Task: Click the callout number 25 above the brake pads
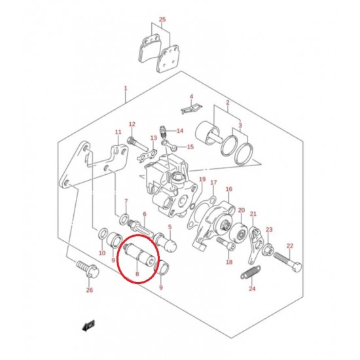[162, 19]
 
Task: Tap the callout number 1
[126, 88]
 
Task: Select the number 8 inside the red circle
[137, 274]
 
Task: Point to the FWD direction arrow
[88, 325]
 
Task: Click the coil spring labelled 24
[251, 272]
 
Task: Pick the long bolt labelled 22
[287, 262]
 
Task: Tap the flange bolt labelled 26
[88, 270]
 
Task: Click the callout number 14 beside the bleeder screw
[180, 131]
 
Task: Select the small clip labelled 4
[191, 109]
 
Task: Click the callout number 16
[229, 189]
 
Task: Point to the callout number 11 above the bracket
[118, 132]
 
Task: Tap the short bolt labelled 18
[226, 244]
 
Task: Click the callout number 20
[242, 210]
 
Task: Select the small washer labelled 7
[124, 219]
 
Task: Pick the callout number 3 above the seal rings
[240, 126]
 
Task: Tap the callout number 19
[202, 179]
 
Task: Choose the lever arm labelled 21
[255, 245]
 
